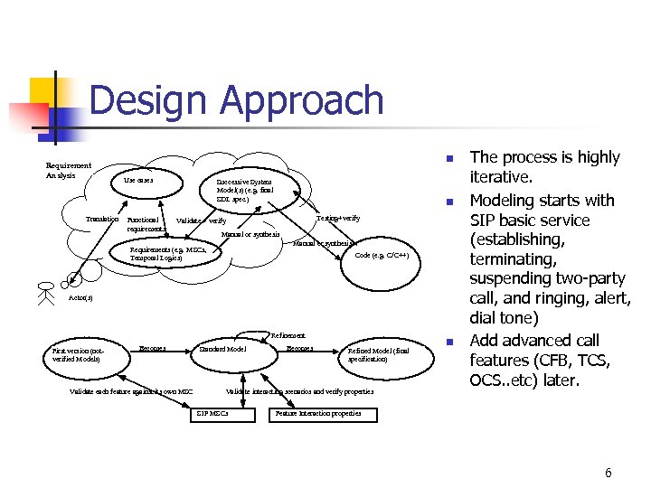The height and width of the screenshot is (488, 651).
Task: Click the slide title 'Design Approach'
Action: pyautogui.click(x=236, y=100)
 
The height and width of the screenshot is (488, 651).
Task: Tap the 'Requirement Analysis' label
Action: pyautogui.click(x=69, y=170)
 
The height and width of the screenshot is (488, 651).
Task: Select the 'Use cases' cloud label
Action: pyautogui.click(x=138, y=181)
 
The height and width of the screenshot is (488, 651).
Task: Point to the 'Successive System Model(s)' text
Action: pyautogui.click(x=243, y=190)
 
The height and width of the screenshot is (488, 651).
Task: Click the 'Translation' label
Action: pyautogui.click(x=102, y=220)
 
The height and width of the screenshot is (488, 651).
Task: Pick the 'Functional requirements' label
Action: pyautogui.click(x=146, y=223)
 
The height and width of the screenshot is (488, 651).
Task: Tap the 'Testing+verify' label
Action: pyautogui.click(x=337, y=219)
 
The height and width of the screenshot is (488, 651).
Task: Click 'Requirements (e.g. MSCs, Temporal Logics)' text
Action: pyautogui.click(x=168, y=254)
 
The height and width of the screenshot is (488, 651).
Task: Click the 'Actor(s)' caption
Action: pyautogui.click(x=80, y=298)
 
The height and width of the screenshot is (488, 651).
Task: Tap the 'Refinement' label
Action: pyautogui.click(x=288, y=335)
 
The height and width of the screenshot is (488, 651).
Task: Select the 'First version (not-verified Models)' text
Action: pyautogui.click(x=79, y=353)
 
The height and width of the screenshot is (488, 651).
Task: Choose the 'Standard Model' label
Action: pyautogui.click(x=222, y=349)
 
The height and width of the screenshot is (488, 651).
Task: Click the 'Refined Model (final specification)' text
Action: pyautogui.click(x=378, y=354)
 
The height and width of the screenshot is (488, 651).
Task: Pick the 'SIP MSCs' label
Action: pyautogui.click(x=212, y=414)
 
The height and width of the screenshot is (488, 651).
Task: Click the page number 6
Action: pyautogui.click(x=608, y=473)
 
